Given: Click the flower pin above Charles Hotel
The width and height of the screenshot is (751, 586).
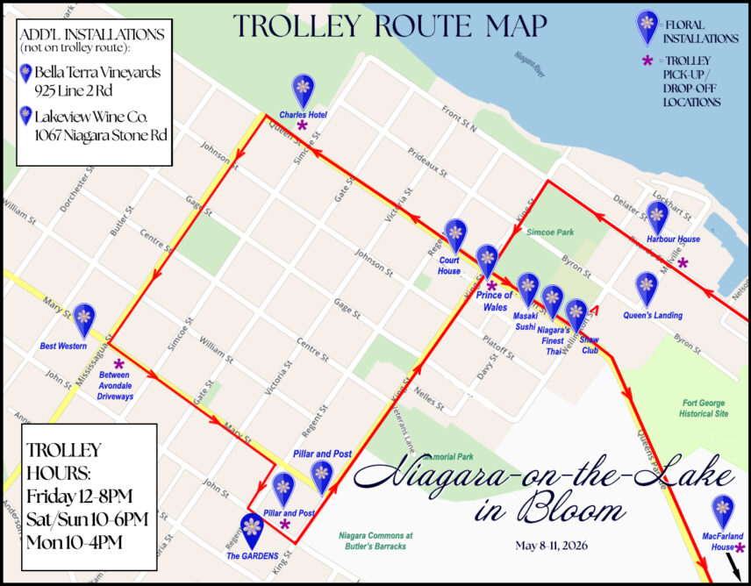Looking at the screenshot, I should [x=303, y=89].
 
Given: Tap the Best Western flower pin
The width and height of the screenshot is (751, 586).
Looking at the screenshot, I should [x=84, y=319].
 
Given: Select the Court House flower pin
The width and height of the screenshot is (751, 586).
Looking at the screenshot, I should [x=454, y=235].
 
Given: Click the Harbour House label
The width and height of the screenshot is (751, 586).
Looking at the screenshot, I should [x=673, y=239].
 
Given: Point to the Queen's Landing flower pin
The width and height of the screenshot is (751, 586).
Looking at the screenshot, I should [x=647, y=288].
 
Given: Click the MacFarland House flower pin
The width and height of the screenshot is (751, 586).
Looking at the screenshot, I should [x=723, y=510].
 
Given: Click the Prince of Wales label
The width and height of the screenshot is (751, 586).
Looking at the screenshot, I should [x=494, y=301].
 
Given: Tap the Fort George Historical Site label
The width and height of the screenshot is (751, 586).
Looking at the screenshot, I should [x=705, y=408].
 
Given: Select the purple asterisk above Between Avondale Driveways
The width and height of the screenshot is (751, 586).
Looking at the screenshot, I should [x=119, y=363].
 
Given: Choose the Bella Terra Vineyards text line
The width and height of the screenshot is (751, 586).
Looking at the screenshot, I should [x=97, y=72].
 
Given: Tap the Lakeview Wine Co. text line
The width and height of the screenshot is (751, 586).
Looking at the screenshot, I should [x=97, y=116].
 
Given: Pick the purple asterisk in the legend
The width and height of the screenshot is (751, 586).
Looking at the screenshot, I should [x=648, y=61].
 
